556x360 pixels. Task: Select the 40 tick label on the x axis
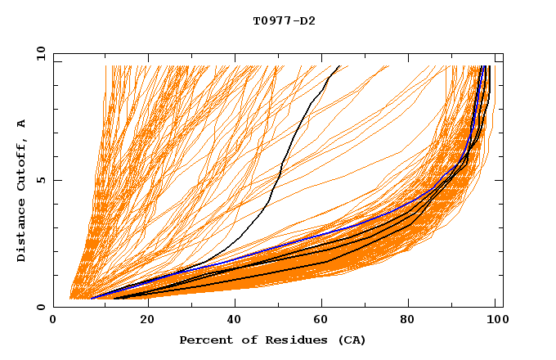(235, 320)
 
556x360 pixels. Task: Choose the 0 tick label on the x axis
(54, 320)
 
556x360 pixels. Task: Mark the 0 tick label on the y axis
(42, 307)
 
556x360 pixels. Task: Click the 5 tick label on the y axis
(42, 180)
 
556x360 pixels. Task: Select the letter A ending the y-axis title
(22, 123)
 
